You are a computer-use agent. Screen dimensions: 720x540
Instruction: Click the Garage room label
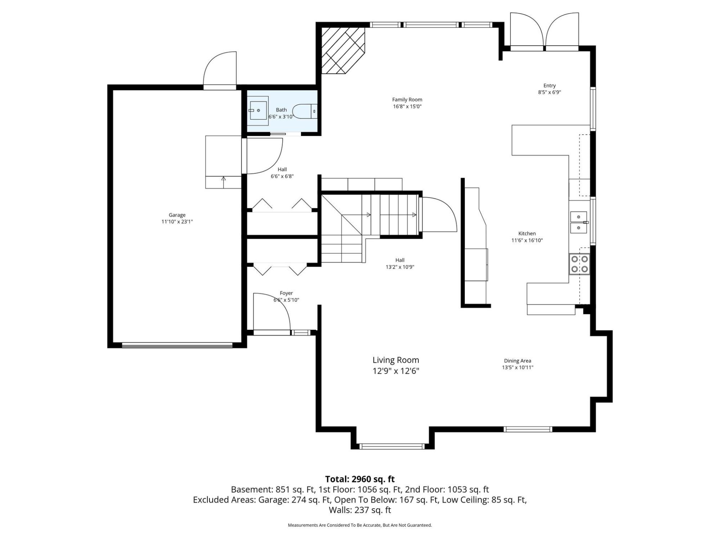coord(177,215)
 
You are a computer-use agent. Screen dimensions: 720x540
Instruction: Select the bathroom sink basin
coord(258,111)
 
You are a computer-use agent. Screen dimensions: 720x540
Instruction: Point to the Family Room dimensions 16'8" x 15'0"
coord(407,107)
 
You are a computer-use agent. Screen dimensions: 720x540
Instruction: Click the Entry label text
coord(549,85)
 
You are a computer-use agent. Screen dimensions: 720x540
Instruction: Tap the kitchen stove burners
coord(580,264)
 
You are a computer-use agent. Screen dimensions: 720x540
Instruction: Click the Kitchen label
coord(527,233)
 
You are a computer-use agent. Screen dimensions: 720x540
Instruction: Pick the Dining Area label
coord(517,361)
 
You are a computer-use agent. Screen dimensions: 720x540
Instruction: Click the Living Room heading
coord(396,360)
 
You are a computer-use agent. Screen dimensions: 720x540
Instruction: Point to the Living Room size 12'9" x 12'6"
coord(396,371)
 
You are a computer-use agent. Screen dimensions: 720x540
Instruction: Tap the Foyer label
coord(286,293)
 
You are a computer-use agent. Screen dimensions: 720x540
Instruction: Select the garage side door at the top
coord(220,71)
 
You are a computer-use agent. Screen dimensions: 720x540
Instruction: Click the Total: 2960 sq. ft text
coord(360,479)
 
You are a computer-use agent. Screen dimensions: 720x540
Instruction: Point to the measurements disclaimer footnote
coord(360,525)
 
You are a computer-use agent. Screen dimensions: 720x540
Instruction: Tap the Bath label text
coord(282,110)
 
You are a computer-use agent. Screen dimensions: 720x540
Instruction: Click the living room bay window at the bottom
coord(392,446)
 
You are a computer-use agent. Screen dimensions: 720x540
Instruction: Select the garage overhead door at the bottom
coord(177,345)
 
